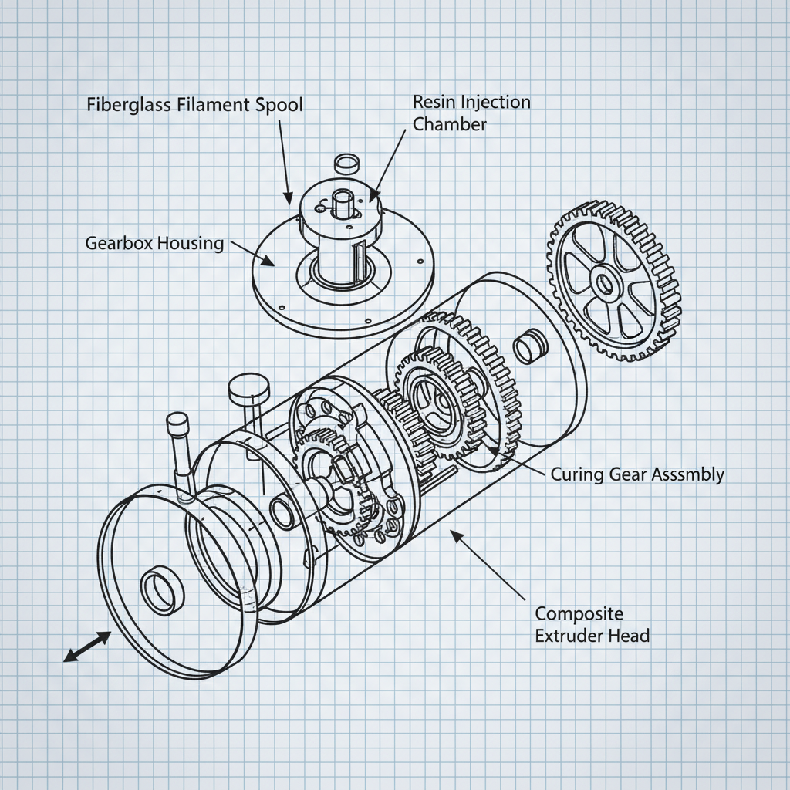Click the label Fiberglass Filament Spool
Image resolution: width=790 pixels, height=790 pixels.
(194, 105)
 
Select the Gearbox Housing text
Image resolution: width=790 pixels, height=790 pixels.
(154, 243)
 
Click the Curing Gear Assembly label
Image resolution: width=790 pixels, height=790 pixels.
(637, 474)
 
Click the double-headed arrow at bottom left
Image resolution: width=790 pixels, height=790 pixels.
(86, 646)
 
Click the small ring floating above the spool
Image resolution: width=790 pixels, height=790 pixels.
(346, 164)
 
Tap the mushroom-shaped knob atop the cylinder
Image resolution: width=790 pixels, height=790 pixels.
(247, 387)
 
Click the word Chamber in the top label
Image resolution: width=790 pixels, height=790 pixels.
(449, 123)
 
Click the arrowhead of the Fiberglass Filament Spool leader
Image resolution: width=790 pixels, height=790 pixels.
(289, 199)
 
